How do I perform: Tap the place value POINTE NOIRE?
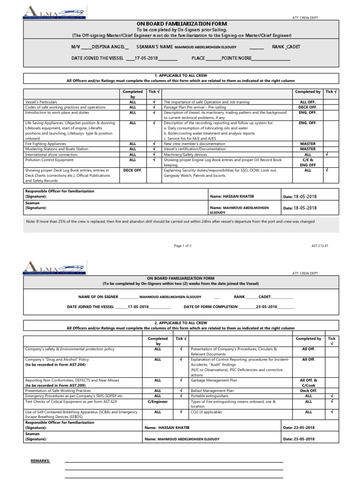coord(237,59)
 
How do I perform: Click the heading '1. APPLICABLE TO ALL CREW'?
coord(180,75)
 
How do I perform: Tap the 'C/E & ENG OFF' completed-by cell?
coord(307,162)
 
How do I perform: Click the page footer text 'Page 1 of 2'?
coord(182,246)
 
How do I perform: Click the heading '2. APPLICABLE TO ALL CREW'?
coord(180,323)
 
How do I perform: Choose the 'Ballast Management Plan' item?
coord(212,390)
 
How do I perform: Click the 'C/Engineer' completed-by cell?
coord(157,401)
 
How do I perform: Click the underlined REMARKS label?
coord(40,461)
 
